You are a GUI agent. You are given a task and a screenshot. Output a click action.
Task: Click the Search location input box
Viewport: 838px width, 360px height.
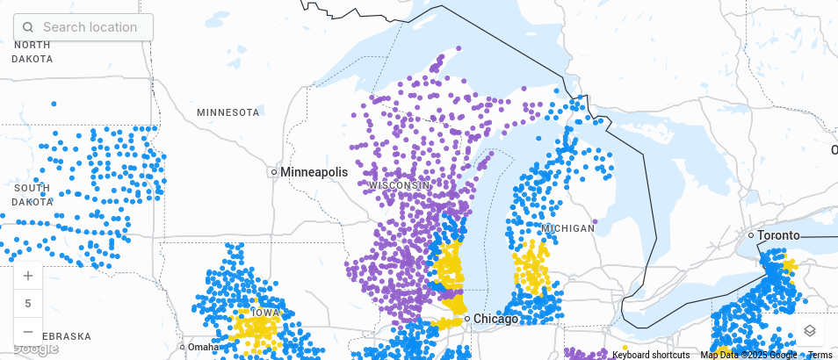click(x=90, y=27)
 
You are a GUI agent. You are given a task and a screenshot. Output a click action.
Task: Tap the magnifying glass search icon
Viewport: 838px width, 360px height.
click(x=28, y=27)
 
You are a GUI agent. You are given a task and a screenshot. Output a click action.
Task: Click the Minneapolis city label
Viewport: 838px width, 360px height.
click(x=314, y=172)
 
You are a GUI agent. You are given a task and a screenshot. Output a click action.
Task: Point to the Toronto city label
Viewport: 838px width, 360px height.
click(x=778, y=235)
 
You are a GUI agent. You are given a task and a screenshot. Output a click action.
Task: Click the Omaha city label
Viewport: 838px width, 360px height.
click(x=202, y=347)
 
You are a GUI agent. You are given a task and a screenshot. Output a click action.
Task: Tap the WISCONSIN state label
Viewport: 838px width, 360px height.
click(x=400, y=185)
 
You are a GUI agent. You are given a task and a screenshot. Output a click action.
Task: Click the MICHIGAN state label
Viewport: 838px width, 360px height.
click(x=567, y=228)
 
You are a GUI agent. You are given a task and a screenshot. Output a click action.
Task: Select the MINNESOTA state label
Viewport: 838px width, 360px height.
click(x=228, y=112)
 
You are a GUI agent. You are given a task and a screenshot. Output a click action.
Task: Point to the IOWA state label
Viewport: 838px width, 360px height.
click(x=265, y=313)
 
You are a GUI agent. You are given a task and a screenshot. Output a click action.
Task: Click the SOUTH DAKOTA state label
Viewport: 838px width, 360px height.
click(x=32, y=195)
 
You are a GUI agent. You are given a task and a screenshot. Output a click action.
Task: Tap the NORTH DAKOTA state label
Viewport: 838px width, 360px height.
click(x=32, y=52)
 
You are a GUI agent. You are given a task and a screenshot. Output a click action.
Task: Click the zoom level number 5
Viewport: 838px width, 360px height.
click(x=28, y=304)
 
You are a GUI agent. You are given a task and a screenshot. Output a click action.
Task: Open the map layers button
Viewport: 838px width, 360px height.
click(x=810, y=330)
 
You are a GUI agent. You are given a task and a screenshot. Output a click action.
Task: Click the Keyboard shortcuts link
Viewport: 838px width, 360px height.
click(x=650, y=355)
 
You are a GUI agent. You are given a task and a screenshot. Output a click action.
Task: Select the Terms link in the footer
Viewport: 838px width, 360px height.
click(x=820, y=355)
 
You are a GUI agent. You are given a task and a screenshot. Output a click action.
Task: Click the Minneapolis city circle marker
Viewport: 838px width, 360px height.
click(x=274, y=172)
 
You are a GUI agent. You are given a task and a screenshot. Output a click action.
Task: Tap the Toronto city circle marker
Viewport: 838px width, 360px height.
click(x=751, y=235)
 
